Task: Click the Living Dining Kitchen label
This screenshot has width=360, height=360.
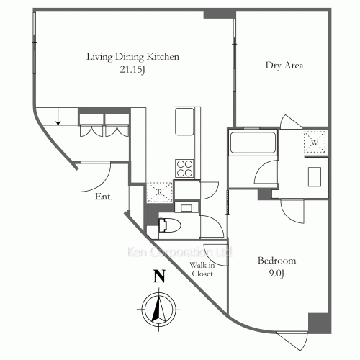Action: point(132,57)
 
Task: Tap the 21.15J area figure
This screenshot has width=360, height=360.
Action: point(132,70)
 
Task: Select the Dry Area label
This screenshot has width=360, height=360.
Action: point(284,66)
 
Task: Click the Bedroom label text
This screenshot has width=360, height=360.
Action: point(276,261)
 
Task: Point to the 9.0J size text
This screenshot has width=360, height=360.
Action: point(276,274)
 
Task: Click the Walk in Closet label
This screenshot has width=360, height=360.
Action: point(202,269)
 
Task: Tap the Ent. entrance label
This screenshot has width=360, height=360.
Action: point(104,197)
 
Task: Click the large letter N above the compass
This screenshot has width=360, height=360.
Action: point(159,276)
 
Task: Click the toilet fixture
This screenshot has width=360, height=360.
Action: point(170,225)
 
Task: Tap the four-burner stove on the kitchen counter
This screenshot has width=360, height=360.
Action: point(184,168)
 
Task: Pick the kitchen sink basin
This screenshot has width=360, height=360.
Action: point(184,122)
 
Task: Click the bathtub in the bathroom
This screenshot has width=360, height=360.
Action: point(253,142)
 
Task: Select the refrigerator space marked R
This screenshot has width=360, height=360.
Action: point(160,192)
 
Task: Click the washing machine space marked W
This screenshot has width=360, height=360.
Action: point(315,142)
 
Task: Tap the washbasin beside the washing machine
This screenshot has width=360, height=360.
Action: point(315,177)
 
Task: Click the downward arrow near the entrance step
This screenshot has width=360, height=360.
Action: point(58,117)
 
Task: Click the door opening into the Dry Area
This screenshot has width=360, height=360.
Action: point(291,121)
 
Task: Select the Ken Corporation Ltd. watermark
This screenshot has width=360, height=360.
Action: point(179,252)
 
